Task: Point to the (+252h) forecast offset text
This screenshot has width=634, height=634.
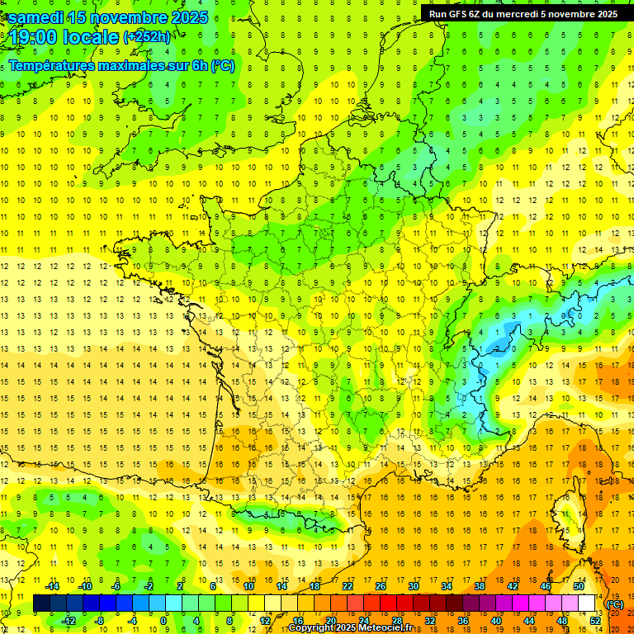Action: (x=147, y=36)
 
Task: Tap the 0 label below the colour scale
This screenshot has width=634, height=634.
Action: (x=163, y=620)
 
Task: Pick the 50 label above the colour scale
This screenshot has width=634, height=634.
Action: (x=579, y=587)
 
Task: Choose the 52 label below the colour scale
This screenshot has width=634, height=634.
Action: (x=595, y=620)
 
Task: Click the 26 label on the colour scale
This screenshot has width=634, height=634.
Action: (x=381, y=587)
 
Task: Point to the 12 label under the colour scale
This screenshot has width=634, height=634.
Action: (x=265, y=620)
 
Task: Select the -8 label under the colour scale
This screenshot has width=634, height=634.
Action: (x=99, y=620)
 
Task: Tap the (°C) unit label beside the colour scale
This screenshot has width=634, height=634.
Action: (x=615, y=604)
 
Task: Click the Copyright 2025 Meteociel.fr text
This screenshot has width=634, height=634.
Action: (x=350, y=628)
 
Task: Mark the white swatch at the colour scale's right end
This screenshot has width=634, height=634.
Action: (x=587, y=603)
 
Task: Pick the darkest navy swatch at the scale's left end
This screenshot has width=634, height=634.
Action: (x=41, y=603)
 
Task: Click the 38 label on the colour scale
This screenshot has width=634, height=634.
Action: (x=480, y=587)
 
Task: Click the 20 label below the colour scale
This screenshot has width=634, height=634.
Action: (x=331, y=620)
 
